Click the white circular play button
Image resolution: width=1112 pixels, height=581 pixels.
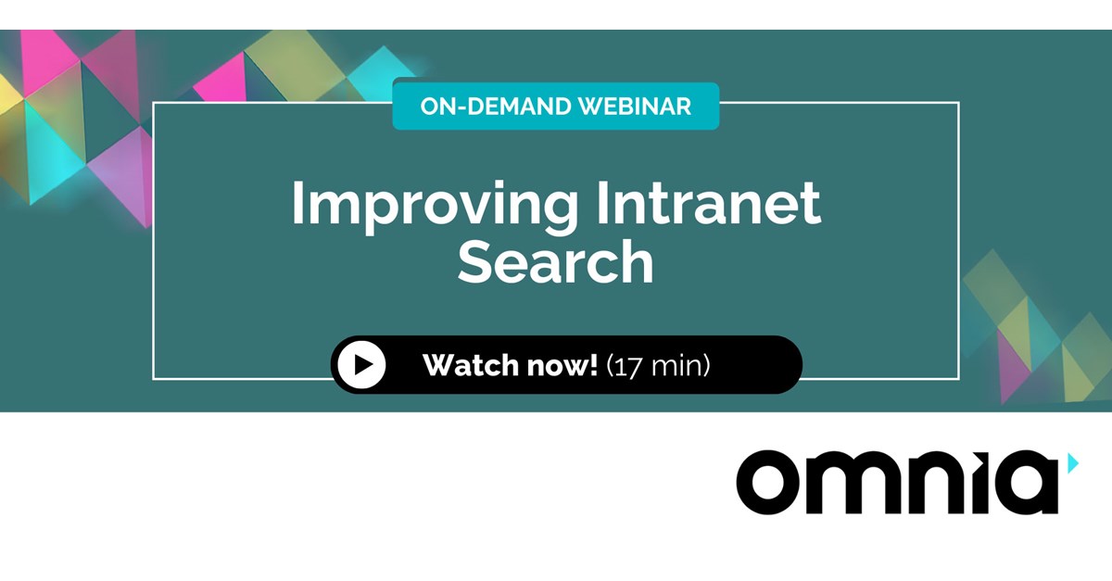click(x=361, y=365)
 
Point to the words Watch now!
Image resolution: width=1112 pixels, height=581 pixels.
click(x=510, y=365)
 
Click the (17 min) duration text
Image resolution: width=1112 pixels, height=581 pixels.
click(x=658, y=365)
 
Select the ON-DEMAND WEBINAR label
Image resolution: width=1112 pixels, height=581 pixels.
click(x=555, y=106)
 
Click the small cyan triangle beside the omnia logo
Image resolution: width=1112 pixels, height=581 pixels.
click(x=1072, y=462)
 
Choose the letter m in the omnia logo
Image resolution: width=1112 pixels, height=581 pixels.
click(x=856, y=484)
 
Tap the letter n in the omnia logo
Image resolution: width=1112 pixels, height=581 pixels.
click(x=935, y=484)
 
